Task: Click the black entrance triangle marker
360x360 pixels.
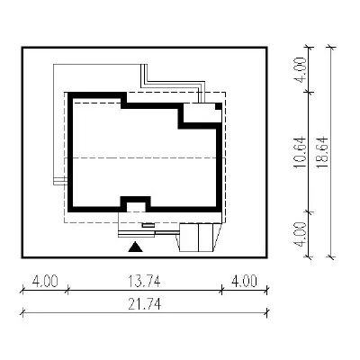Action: tap(135, 247)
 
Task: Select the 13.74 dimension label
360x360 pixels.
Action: tap(144, 282)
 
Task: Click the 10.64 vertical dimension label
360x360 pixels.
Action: tap(301, 152)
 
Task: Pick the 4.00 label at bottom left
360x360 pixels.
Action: tap(45, 282)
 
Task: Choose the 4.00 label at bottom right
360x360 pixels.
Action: tap(244, 282)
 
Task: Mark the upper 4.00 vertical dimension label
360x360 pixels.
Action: tap(301, 69)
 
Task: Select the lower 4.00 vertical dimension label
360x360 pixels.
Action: tap(301, 234)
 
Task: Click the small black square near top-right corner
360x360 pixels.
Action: tap(219, 106)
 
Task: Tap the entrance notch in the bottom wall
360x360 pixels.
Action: tap(135, 204)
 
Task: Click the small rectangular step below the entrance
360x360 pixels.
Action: tap(148, 225)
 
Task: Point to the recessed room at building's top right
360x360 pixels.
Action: tap(200, 112)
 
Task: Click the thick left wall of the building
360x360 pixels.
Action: tap(70, 152)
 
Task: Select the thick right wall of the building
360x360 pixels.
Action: tap(220, 168)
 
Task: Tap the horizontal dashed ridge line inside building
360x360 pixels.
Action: tap(145, 157)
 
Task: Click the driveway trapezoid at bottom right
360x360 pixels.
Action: tap(199, 238)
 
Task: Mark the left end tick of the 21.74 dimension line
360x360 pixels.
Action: tap(22, 313)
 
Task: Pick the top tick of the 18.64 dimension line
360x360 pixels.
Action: tap(330, 47)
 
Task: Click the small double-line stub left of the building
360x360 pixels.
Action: tap(60, 181)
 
